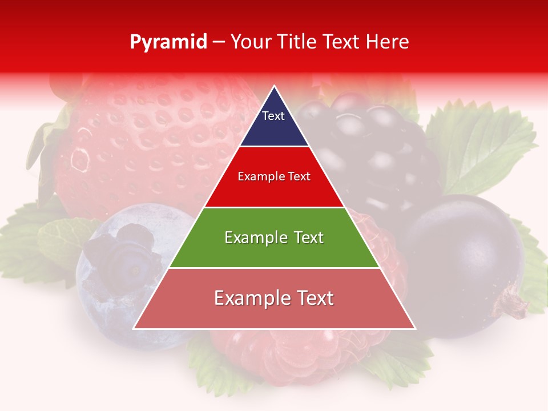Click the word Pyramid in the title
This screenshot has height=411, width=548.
[x=168, y=42]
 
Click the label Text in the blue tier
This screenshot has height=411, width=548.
[x=273, y=116]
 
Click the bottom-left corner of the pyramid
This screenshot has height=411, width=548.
[x=135, y=328]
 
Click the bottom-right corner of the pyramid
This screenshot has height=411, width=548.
[x=414, y=328]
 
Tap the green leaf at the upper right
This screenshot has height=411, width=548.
[x=485, y=143]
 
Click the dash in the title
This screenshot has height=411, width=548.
[x=219, y=42]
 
